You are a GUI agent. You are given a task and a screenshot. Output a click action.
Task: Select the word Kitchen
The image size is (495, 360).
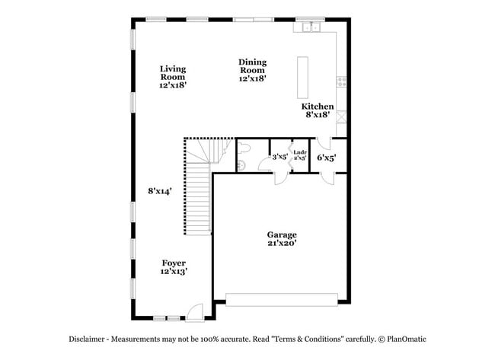coord(317,107)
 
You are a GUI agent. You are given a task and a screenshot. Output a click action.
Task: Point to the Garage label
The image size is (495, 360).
coord(282,234)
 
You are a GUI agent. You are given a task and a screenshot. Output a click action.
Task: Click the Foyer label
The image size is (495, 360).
coord(173,263)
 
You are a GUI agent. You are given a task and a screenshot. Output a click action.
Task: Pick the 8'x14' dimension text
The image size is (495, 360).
coord(160,191)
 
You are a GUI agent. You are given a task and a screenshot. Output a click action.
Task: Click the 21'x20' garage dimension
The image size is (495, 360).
coord(282,244)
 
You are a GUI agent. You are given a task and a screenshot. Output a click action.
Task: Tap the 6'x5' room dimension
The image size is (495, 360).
coord(327,158)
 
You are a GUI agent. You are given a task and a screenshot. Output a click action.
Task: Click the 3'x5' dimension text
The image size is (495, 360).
coord(279,158)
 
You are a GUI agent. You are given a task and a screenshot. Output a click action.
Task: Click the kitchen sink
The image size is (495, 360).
coord(311,28)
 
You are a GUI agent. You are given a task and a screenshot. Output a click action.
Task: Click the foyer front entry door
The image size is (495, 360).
coord(194,311)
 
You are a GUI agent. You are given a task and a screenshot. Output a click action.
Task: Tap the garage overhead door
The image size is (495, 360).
coord(282,300)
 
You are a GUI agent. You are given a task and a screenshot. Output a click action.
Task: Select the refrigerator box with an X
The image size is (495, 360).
coord(341,117)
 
